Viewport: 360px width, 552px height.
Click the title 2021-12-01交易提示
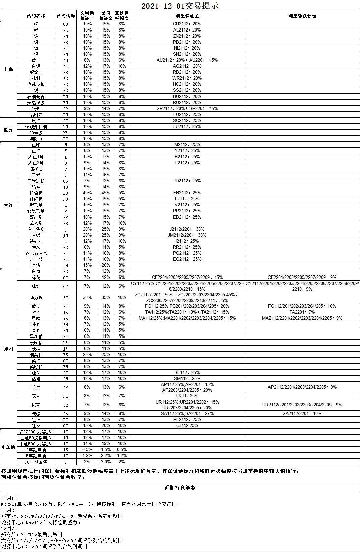[x=180, y=6]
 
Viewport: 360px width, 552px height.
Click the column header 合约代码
[x=66, y=16]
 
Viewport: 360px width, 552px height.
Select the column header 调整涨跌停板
[x=302, y=16]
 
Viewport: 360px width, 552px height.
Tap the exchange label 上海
[x=8, y=69]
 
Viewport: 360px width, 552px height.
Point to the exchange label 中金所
[x=8, y=447]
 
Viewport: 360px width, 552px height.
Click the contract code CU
[x=66, y=24]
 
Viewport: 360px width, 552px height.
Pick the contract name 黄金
[x=36, y=60]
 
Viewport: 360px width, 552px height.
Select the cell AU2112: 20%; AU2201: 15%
[x=187, y=60]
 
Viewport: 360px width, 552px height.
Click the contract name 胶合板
[x=36, y=193]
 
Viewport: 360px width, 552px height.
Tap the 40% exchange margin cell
[x=87, y=193]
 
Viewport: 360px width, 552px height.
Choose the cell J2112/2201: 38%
[x=187, y=229]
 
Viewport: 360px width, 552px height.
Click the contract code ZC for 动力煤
[x=66, y=298]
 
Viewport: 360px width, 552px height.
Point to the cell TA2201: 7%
[x=302, y=312]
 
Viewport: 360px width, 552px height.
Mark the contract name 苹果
[x=36, y=387]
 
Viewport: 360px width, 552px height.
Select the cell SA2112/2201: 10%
[x=302, y=413]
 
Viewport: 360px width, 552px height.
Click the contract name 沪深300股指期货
[x=36, y=432]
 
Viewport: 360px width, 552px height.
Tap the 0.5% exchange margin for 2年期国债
[x=87, y=450]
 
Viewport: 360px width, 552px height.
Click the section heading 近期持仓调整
[x=180, y=488]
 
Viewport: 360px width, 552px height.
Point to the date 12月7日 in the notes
[x=10, y=528]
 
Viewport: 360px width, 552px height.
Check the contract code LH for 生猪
[x=66, y=265]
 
